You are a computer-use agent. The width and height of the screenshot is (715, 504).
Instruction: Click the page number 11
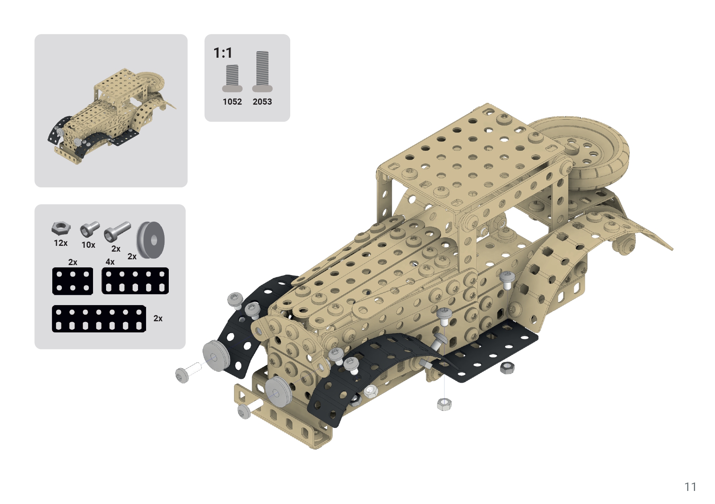click(690, 487)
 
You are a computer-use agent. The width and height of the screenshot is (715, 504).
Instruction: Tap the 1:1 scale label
click(223, 53)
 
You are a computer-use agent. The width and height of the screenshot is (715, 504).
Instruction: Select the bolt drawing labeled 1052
click(232, 78)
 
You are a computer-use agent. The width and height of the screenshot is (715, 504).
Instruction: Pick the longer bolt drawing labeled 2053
click(262, 72)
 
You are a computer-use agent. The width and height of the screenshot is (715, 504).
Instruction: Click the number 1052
click(232, 102)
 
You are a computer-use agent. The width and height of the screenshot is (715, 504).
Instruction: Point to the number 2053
click(262, 102)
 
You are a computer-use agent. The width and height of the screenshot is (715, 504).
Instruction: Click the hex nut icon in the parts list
click(61, 229)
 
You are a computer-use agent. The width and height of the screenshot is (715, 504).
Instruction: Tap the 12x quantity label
click(61, 243)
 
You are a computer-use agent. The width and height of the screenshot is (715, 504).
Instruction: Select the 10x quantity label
click(88, 245)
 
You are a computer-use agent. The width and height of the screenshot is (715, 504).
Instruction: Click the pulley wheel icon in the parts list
click(151, 240)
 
